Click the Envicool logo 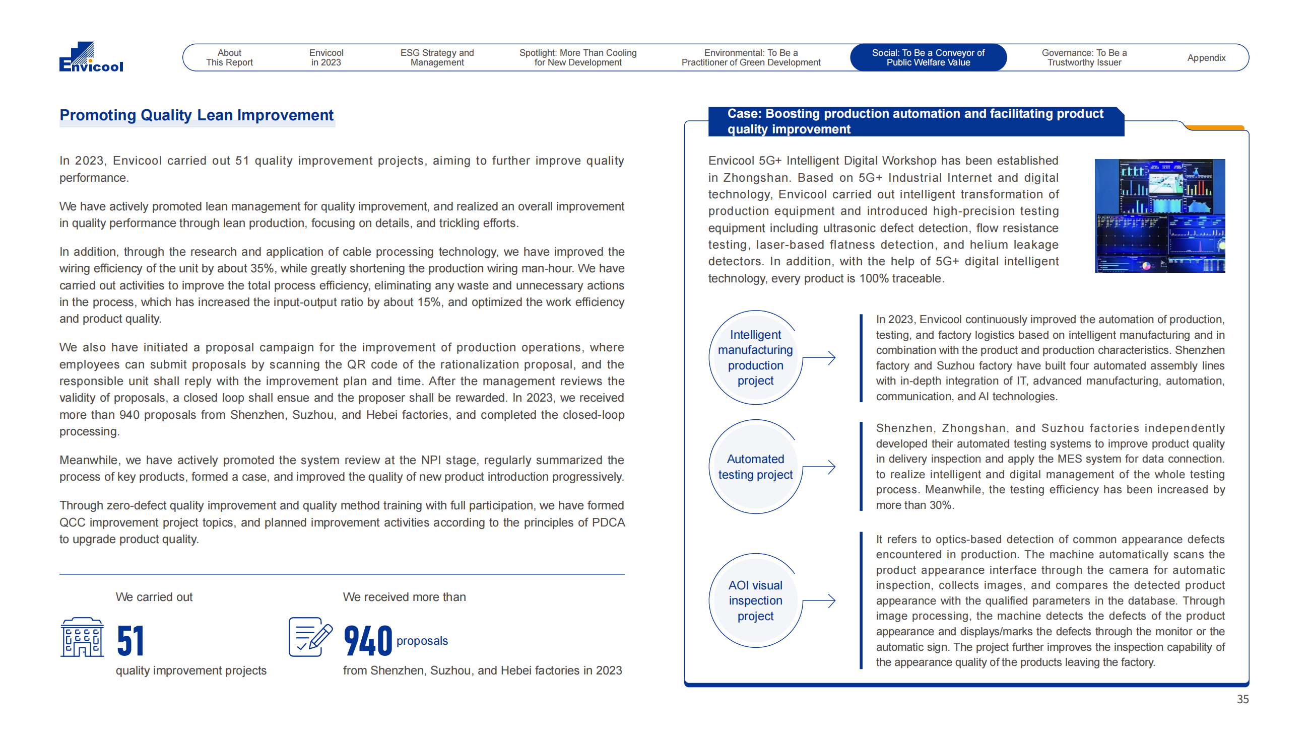(x=91, y=57)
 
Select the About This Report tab (x=229, y=57)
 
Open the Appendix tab (x=1206, y=57)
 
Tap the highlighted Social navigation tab (x=928, y=57)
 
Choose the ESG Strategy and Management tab (x=437, y=57)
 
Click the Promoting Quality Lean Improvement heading (x=196, y=115)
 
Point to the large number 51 (x=130, y=640)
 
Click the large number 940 (x=368, y=640)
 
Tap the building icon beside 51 (x=82, y=637)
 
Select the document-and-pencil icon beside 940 (x=310, y=637)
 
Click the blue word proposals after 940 (x=422, y=641)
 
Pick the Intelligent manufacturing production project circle (x=755, y=357)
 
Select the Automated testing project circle (x=755, y=467)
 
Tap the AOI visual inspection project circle (x=755, y=600)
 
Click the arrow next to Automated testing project (x=820, y=467)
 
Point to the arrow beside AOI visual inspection (x=820, y=600)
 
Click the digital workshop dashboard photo (x=1159, y=215)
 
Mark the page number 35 (x=1242, y=699)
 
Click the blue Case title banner (x=915, y=121)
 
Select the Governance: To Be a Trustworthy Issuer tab (x=1084, y=57)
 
